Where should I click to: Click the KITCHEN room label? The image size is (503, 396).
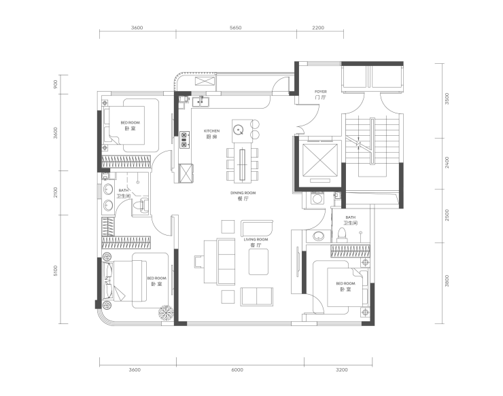click(x=211, y=131)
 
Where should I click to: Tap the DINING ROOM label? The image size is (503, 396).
click(x=243, y=193)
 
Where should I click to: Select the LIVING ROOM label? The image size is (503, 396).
click(x=256, y=239)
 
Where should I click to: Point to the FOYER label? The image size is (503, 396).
click(x=320, y=92)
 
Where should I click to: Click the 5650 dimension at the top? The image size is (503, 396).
click(x=235, y=28)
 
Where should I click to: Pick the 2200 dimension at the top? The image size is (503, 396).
click(x=318, y=28)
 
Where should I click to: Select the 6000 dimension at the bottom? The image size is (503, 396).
click(x=237, y=370)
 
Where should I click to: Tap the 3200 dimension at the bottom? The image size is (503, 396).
click(x=342, y=370)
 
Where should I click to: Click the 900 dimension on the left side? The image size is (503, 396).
click(x=56, y=84)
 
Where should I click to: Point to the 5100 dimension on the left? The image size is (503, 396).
click(x=56, y=271)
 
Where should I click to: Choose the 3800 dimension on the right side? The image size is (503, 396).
click(x=447, y=281)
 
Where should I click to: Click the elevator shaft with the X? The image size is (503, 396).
click(x=320, y=160)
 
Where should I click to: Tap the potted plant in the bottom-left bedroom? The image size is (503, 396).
click(x=166, y=312)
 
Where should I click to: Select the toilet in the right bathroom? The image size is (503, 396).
click(x=342, y=235)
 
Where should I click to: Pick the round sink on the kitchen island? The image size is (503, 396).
click(x=239, y=130)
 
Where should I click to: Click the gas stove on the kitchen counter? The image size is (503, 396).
click(x=184, y=140)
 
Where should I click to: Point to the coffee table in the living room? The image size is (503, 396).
click(x=258, y=262)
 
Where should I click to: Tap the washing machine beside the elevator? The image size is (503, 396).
click(x=317, y=198)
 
